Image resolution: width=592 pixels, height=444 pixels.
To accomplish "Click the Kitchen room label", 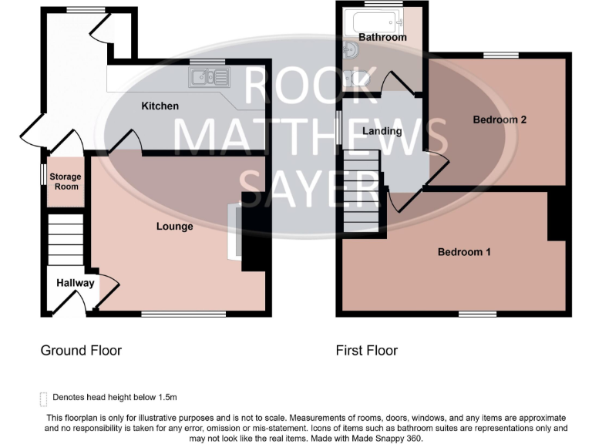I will tap(160, 106).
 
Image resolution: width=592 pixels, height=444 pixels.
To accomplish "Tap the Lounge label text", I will tap(174, 227).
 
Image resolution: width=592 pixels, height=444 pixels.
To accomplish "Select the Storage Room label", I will tap(65, 182).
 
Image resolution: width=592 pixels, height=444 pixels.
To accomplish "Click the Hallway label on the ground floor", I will tap(75, 283).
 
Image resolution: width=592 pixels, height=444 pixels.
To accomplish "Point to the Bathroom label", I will tap(382, 37).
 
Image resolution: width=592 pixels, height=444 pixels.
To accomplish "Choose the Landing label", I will tap(382, 131).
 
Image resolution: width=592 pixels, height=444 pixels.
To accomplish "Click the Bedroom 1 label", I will tap(464, 252).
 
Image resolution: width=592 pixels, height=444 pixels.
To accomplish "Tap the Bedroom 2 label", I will tap(499, 119).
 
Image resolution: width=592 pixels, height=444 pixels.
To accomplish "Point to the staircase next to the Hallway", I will tap(65, 240).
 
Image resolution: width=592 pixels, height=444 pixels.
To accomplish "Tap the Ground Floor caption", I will tap(81, 351).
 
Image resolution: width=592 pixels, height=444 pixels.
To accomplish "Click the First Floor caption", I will tap(367, 351).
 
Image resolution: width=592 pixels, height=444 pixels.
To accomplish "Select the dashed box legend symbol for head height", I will tap(43, 398).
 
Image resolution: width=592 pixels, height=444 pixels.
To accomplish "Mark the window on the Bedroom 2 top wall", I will tap(500, 55).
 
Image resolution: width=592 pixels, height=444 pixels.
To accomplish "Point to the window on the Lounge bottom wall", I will tap(183, 314).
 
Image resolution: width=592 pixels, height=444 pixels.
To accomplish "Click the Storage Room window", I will tap(43, 173).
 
